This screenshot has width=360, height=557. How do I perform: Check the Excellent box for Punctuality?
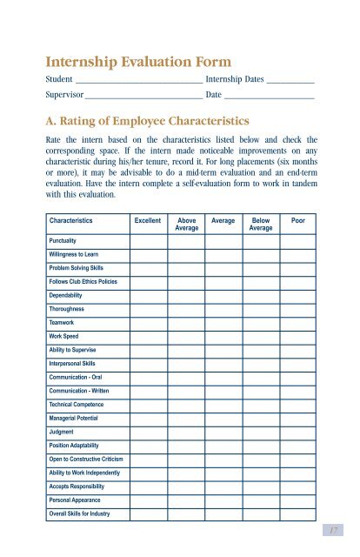[147, 239]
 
